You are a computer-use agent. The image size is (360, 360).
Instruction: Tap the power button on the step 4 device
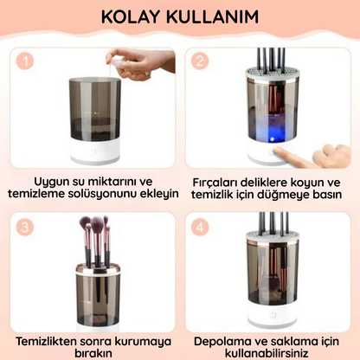[264, 318]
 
